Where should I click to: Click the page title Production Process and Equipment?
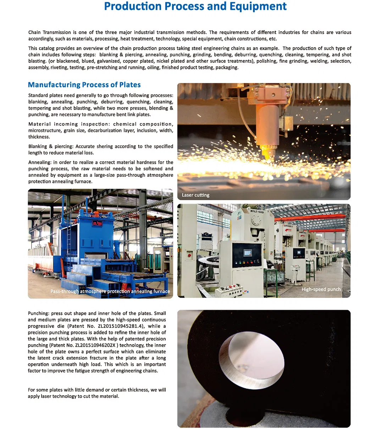(x=195, y=6)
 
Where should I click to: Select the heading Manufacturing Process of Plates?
(x=84, y=85)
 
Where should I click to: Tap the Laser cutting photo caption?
(x=195, y=195)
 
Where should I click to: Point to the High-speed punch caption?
(x=321, y=289)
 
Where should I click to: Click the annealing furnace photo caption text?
(x=110, y=291)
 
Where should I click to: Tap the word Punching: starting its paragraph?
(x=38, y=313)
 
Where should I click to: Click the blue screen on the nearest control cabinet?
(x=247, y=253)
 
